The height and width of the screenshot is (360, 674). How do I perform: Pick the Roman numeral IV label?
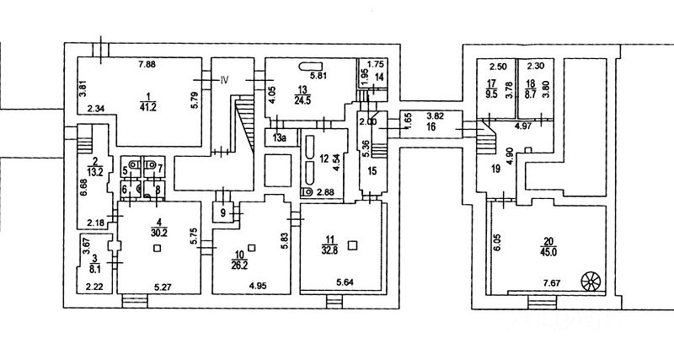tap(224, 80)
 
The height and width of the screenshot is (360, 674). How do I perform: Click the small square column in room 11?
tap(354, 245)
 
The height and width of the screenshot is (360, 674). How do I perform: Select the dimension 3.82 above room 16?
tap(434, 115)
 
